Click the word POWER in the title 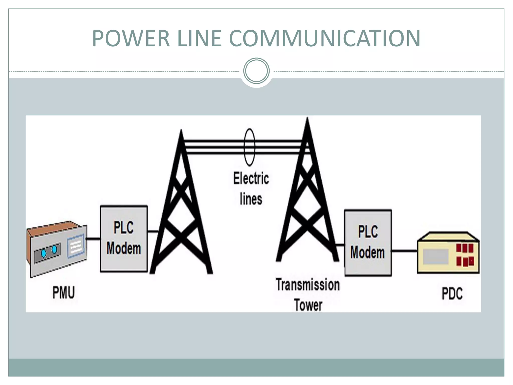(131, 38)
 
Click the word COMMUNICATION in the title (325, 38)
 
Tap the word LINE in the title (199, 38)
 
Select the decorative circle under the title (256, 71)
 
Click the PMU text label (64, 293)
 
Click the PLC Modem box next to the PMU (124, 238)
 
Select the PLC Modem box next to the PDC (368, 242)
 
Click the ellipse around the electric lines (249, 147)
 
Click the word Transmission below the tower (308, 285)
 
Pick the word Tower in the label (308, 305)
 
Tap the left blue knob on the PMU (44, 254)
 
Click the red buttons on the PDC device (465, 254)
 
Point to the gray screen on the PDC (435, 256)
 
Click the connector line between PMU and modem (93, 239)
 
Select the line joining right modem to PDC (404, 251)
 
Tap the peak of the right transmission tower (307, 119)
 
